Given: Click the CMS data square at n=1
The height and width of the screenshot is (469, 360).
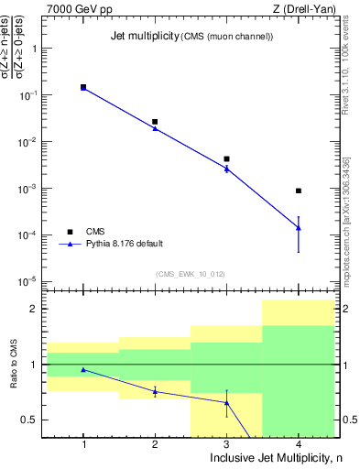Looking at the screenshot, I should [83, 87].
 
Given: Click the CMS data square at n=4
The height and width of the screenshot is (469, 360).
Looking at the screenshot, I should [299, 191].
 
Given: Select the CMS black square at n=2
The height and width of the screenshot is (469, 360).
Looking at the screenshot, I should [155, 122].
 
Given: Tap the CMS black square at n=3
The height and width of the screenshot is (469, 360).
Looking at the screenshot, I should [226, 159].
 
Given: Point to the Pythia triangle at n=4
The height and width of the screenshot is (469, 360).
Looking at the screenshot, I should [299, 227].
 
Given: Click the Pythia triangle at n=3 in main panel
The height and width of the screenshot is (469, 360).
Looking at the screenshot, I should [226, 169].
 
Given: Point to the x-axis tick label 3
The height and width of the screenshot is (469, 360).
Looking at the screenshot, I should [226, 443].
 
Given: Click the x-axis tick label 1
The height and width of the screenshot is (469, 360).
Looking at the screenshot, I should [83, 443].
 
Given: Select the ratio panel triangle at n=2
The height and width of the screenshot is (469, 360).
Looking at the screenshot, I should [155, 391].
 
